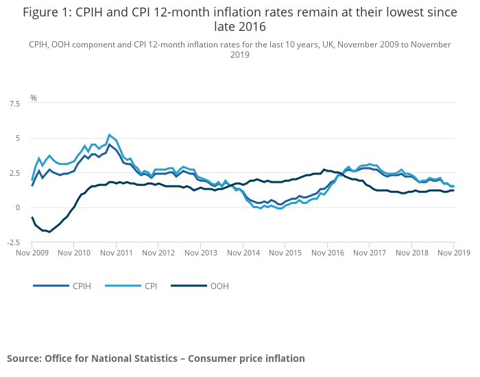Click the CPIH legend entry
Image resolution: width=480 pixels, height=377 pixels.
pos(82,285)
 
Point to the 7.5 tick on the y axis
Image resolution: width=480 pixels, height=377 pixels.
pos(14,104)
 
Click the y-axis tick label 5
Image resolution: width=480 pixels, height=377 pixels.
pos(18,138)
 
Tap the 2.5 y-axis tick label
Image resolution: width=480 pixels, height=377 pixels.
pos(14,173)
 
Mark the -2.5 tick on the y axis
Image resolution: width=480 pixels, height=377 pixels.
pos(13,242)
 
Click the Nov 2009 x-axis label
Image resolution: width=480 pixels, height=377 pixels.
pos(32,253)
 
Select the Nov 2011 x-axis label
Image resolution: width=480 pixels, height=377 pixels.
pos(116,253)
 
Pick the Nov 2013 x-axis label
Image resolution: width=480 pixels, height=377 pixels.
pos(201,253)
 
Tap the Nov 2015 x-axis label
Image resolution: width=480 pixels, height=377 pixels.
pos(285,253)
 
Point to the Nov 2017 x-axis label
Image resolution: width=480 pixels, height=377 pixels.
pos(370,253)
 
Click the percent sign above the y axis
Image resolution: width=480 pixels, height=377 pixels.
pos(34,98)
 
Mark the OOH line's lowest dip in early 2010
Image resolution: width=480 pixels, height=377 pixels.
pos(49,232)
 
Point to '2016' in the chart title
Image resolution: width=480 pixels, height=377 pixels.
pos(252,27)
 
